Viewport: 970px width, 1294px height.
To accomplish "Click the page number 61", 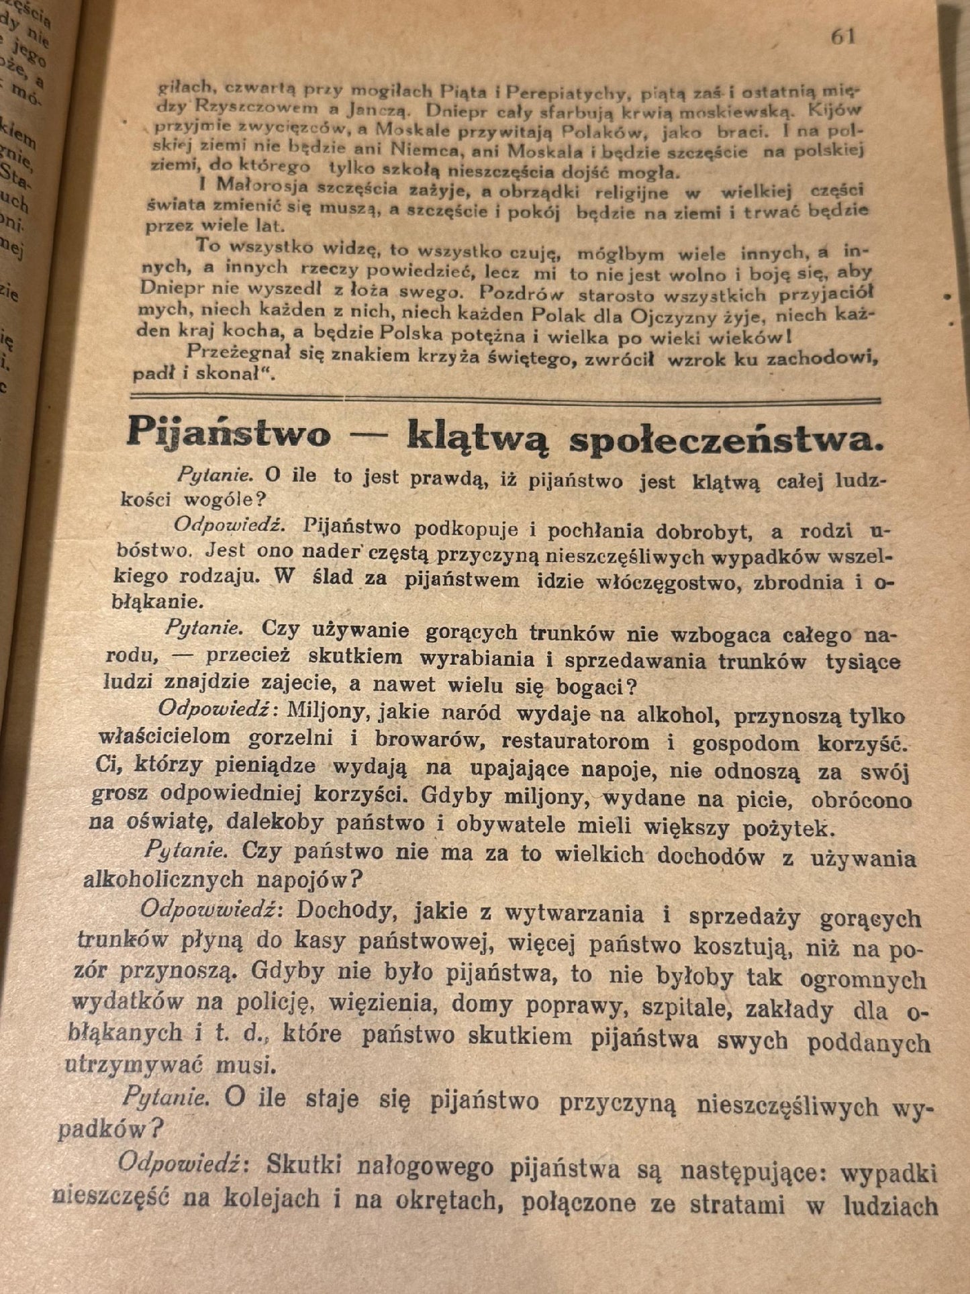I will (x=843, y=36).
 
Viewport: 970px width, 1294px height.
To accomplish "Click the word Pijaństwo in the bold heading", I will (x=229, y=432).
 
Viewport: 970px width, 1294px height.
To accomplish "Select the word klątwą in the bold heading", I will (x=479, y=436).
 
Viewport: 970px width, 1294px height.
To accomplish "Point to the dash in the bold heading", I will (x=369, y=434).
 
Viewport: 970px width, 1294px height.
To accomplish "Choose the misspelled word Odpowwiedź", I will (x=211, y=909).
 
